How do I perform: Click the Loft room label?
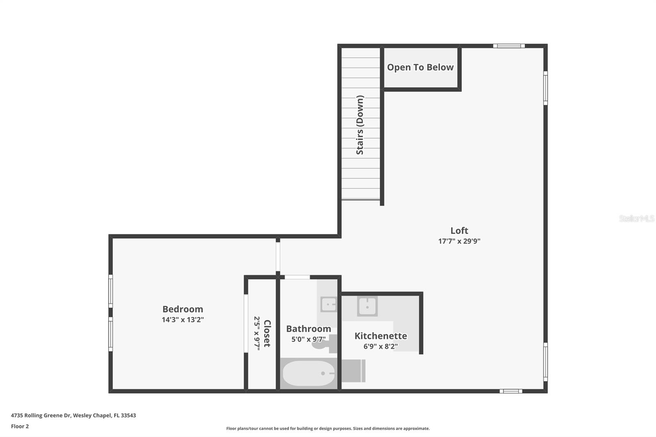(459, 230)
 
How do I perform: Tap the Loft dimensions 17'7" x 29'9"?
(459, 241)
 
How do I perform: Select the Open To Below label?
(420, 67)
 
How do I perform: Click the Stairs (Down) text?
(360, 125)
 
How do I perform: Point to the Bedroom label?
(182, 309)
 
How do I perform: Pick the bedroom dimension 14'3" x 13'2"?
(182, 320)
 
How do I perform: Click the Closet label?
(267, 333)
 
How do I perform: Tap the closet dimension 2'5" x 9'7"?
(257, 333)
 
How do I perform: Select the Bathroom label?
(308, 329)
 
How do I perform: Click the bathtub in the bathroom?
(308, 373)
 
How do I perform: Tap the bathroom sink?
(328, 305)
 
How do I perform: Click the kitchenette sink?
(367, 306)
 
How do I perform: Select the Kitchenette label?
(380, 336)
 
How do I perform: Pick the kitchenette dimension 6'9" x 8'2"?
(380, 346)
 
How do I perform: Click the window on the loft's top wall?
(508, 46)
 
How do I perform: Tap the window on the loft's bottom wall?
(510, 391)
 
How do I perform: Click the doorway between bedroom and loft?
(278, 257)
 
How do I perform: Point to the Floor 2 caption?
(20, 426)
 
